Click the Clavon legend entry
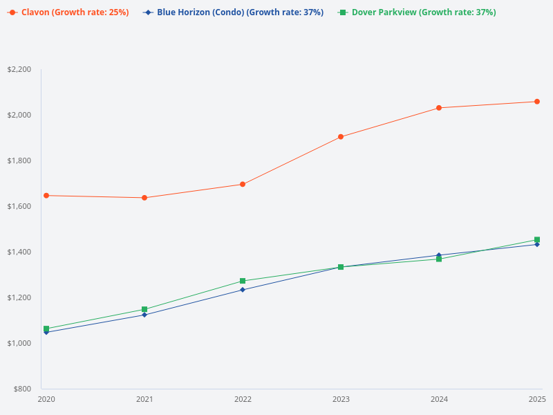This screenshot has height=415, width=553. (x=68, y=12)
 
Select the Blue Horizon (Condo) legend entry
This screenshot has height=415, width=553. (x=234, y=12)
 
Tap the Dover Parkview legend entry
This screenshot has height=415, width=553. (x=418, y=12)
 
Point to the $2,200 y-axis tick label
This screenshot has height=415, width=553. (x=19, y=69)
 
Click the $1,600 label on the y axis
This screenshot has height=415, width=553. (x=19, y=206)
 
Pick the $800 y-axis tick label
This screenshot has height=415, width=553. (x=21, y=389)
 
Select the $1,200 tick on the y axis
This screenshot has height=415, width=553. (x=19, y=297)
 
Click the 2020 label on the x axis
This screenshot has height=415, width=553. (x=46, y=399)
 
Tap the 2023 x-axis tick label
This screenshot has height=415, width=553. (x=341, y=399)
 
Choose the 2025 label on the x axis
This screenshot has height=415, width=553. (x=537, y=399)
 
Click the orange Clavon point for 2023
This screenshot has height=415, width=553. (x=341, y=137)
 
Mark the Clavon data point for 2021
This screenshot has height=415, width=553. (x=144, y=198)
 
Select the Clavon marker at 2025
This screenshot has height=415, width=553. (x=537, y=102)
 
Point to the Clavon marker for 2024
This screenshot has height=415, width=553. (x=439, y=108)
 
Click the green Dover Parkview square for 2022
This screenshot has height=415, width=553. (x=243, y=281)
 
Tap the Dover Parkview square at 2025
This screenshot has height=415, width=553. (x=537, y=240)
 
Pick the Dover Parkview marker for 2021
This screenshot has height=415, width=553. (x=144, y=309)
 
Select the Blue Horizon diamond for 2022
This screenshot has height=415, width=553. (x=243, y=290)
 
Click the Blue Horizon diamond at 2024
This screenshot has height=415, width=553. (x=439, y=255)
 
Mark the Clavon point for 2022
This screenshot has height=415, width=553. (x=243, y=184)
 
